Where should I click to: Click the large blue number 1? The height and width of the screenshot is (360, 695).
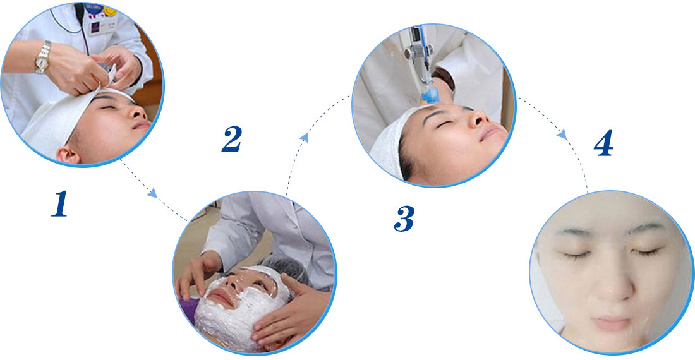(60, 203)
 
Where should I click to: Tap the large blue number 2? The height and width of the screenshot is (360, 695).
(232, 138)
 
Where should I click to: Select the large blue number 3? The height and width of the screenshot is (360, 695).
(404, 219)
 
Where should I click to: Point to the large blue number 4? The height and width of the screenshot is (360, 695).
(603, 143)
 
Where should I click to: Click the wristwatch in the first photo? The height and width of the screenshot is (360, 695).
(43, 57)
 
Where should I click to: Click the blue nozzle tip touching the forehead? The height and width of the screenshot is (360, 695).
(429, 96)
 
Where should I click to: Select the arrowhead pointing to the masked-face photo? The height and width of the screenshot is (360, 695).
(152, 193)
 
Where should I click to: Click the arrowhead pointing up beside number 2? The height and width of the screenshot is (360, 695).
(304, 137)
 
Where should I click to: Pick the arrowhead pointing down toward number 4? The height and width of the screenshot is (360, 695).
(562, 134)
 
